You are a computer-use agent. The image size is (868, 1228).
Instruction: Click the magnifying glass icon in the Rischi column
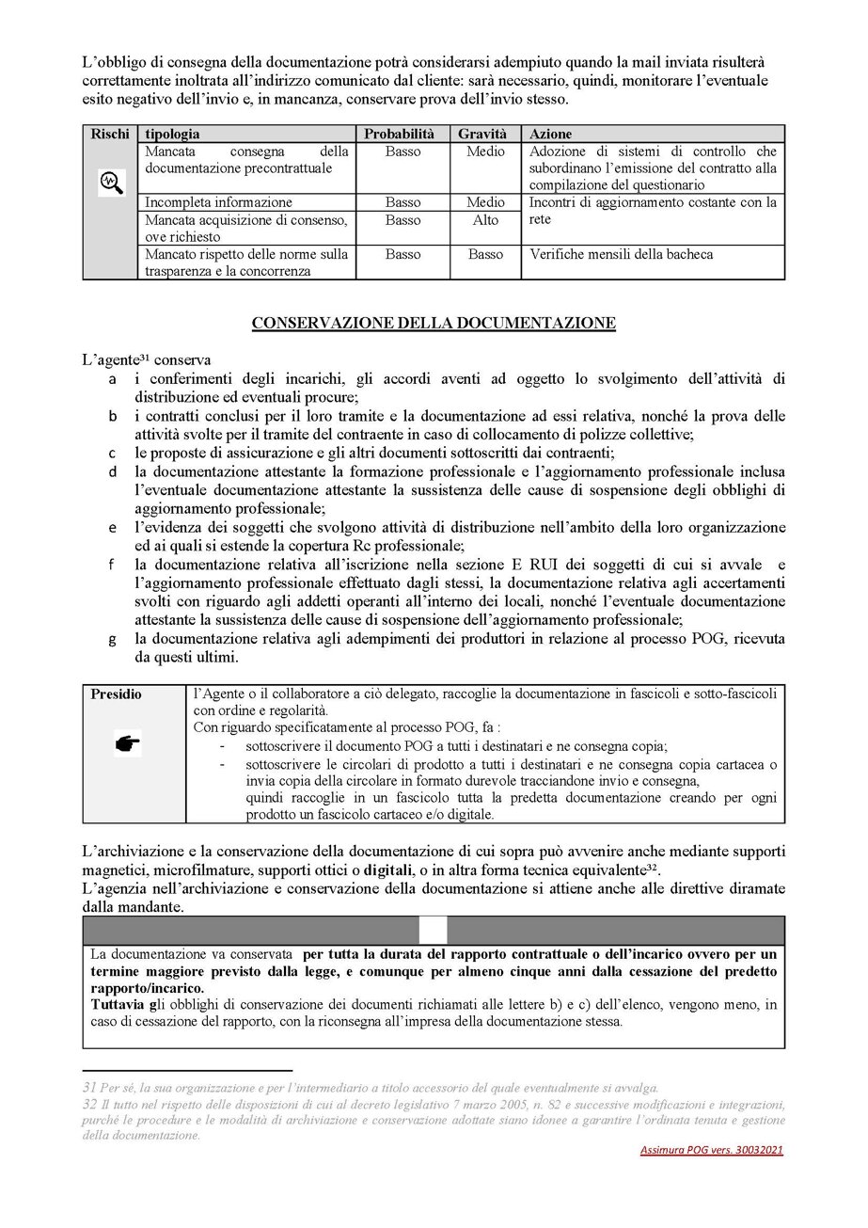point(111,183)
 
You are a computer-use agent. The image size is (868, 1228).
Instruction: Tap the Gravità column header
point(484,135)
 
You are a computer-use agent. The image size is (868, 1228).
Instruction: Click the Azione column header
point(551,135)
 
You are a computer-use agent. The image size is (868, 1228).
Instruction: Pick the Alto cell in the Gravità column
point(485,220)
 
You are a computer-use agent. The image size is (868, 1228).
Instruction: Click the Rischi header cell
point(110,135)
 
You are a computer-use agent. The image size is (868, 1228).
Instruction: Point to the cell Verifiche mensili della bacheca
point(622,254)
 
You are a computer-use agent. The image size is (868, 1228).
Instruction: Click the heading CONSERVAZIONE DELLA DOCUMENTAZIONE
point(434,323)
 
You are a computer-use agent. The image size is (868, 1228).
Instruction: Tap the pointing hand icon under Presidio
point(127,744)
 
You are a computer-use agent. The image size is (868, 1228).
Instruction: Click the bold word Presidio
point(117,694)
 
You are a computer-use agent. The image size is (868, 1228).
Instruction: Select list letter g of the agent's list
point(113,639)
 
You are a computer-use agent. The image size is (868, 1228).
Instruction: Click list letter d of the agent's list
point(113,470)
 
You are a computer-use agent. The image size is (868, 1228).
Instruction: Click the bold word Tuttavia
point(115,1005)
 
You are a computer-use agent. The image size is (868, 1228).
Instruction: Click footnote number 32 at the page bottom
point(90,1103)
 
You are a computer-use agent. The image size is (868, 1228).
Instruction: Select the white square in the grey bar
point(434,930)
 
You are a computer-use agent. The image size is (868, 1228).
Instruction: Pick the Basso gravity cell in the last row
point(485,254)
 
